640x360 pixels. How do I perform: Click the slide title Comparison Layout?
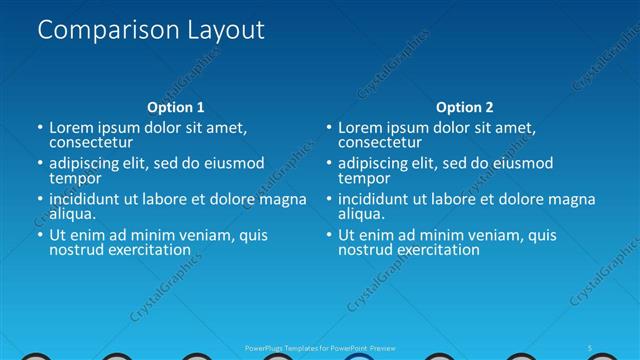151,31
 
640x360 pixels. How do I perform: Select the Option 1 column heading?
175,107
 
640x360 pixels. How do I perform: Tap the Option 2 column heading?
464,107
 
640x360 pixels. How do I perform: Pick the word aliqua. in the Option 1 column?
73,214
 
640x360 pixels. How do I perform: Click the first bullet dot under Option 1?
40,128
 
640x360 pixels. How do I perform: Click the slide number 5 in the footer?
590,347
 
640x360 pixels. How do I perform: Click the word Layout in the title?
224,31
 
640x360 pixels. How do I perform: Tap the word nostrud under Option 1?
76,250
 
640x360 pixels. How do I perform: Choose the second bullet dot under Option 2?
329,164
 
